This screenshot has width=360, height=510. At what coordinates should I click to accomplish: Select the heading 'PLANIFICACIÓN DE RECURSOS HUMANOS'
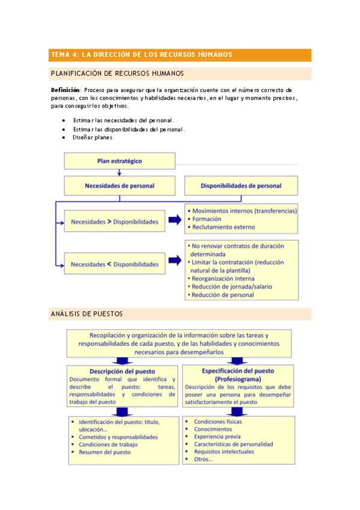118,74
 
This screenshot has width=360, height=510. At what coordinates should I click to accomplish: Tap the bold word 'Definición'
66,90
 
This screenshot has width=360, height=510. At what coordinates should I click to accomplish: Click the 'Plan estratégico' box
120,161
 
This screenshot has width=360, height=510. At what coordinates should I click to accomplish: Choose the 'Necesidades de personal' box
120,186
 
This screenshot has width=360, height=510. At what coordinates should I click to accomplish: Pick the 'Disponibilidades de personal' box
240,186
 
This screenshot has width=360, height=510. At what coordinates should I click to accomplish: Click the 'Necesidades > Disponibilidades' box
114,221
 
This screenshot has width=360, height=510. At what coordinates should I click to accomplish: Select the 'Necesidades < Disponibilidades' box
114,264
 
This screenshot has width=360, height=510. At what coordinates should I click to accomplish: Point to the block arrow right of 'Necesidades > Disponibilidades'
174,220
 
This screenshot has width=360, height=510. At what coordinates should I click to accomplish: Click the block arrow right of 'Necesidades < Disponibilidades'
174,260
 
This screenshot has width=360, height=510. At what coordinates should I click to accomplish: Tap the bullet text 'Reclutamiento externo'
223,227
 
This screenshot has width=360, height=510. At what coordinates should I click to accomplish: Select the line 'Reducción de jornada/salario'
231,286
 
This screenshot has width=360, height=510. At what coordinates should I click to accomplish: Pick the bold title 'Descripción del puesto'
122,371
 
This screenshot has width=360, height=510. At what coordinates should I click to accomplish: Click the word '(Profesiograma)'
240,379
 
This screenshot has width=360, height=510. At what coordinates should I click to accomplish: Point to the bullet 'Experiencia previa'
217,437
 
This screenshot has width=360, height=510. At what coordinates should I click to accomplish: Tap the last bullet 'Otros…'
203,459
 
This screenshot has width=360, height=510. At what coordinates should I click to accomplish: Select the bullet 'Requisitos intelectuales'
224,452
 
